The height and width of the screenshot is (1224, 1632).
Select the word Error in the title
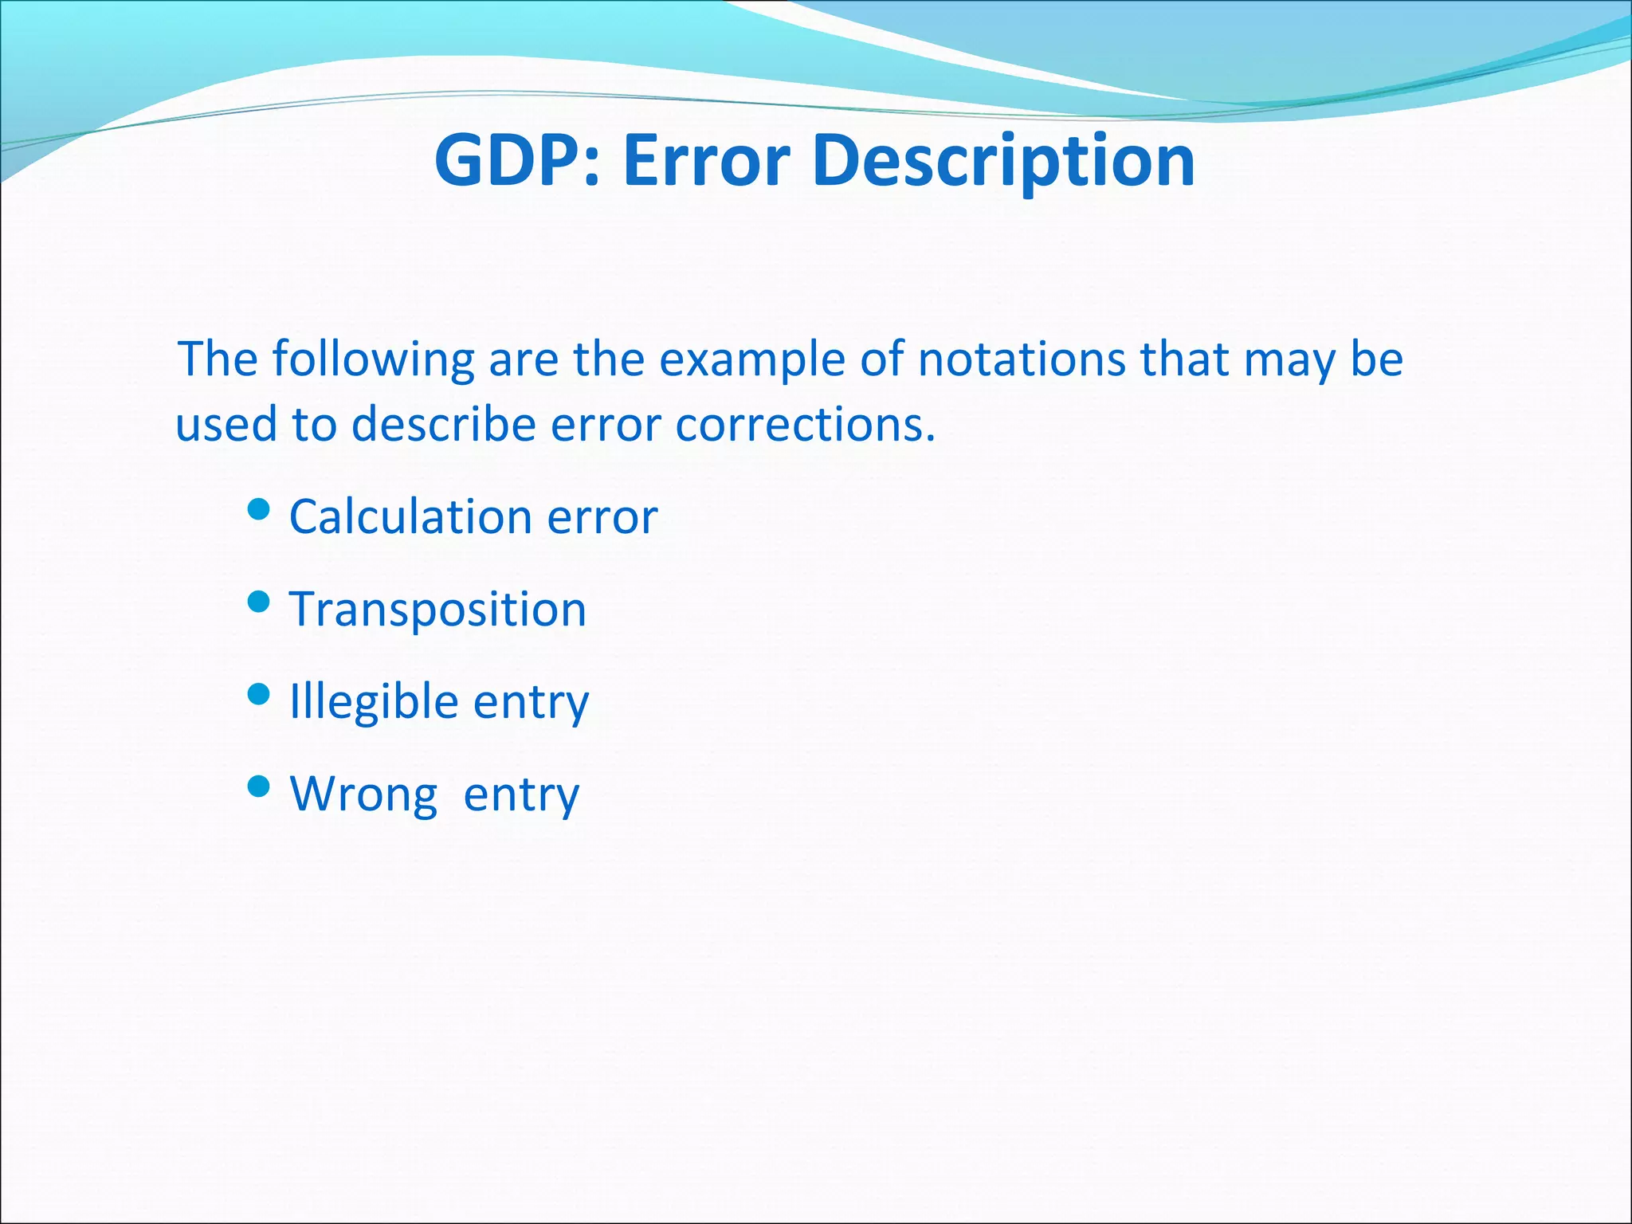click(x=706, y=160)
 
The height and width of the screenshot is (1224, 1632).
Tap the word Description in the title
click(x=1004, y=162)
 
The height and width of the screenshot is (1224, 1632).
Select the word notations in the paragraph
click(x=1022, y=359)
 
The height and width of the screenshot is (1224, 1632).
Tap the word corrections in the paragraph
click(x=805, y=424)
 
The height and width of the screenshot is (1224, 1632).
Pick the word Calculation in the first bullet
click(x=411, y=516)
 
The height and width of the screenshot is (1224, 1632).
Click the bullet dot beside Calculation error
click(x=259, y=508)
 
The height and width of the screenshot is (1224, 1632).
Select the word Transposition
click(x=437, y=610)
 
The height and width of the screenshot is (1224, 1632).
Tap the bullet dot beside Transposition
click(x=259, y=601)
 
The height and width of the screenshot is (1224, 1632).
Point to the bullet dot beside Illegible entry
click(x=259, y=694)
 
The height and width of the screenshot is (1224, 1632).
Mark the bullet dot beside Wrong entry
click(x=259, y=787)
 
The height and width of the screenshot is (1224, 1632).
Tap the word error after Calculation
click(x=602, y=517)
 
